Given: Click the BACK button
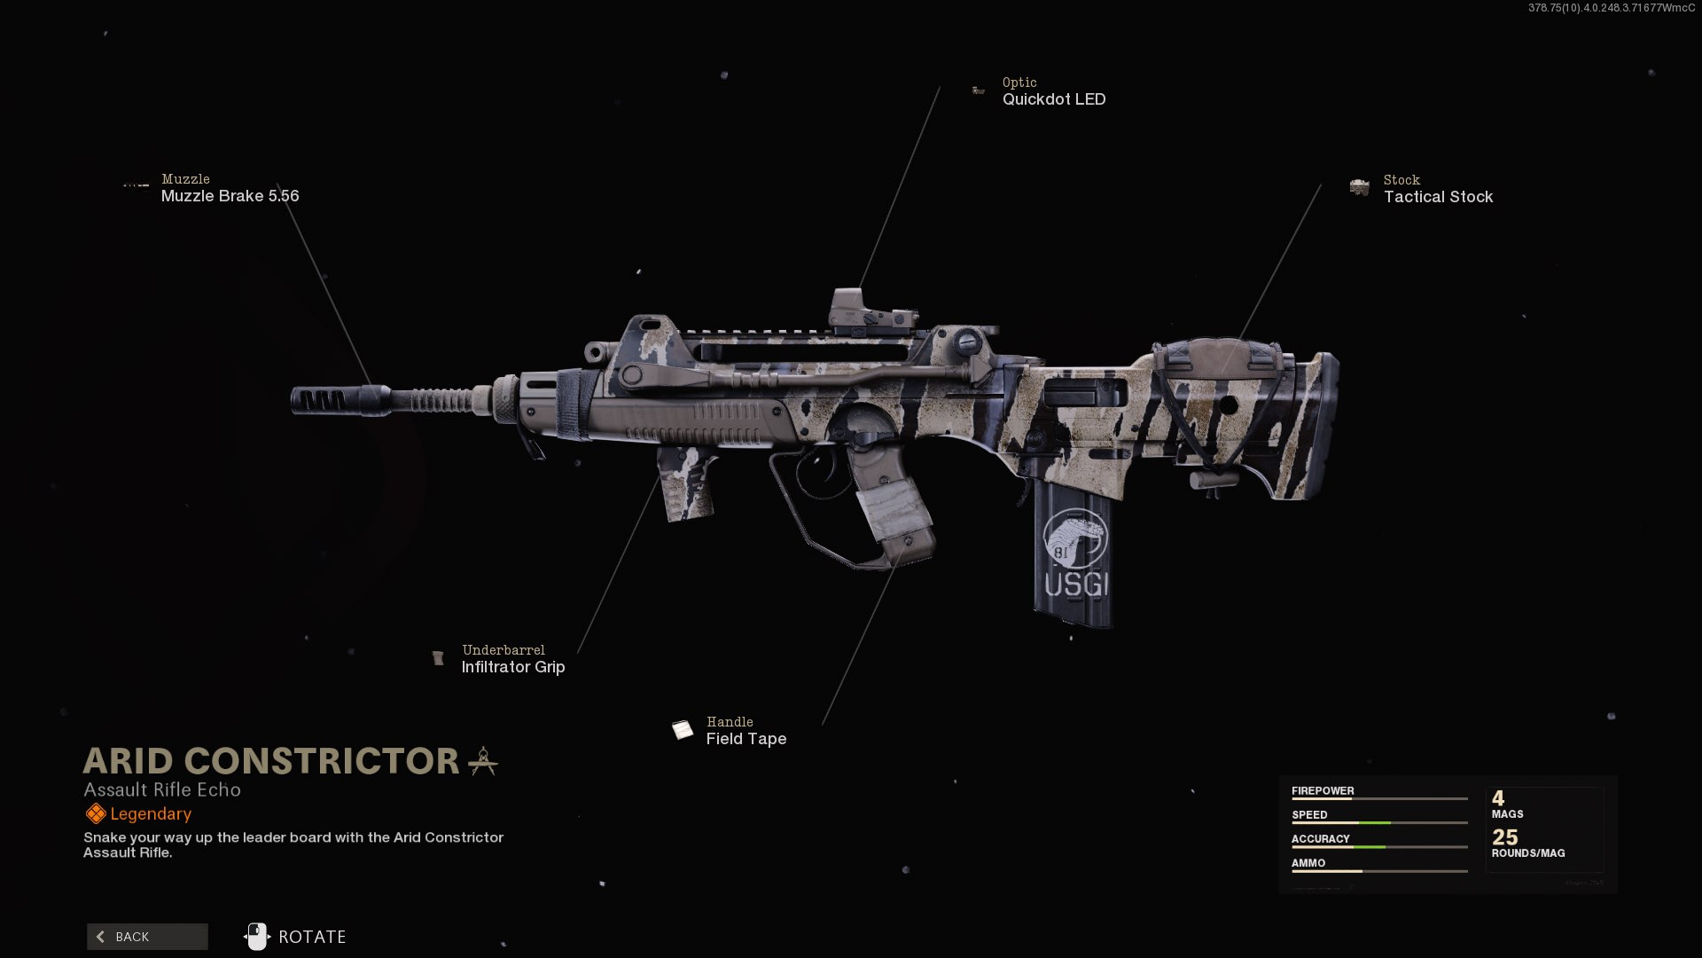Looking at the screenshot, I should click(x=147, y=937).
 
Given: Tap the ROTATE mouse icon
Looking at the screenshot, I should click(x=257, y=937).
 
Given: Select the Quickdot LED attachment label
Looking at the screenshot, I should click(x=1053, y=99).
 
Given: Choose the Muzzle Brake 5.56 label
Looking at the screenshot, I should click(x=230, y=196).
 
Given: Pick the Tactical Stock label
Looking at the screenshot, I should click(x=1438, y=197).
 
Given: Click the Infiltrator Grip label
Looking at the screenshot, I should click(x=512, y=667).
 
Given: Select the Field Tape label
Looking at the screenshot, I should click(x=746, y=739).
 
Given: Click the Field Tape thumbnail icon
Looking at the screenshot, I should click(x=682, y=730).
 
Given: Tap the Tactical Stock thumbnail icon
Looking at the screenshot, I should click(x=1359, y=187).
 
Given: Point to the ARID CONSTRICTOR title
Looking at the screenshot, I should click(x=271, y=761).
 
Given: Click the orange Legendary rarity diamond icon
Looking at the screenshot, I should click(x=95, y=813).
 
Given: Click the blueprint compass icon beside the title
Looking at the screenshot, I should click(x=483, y=761).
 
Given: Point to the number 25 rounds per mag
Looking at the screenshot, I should click(x=1504, y=837).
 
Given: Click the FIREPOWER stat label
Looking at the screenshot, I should click(x=1322, y=790).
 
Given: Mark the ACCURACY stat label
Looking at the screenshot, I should click(x=1320, y=838).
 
